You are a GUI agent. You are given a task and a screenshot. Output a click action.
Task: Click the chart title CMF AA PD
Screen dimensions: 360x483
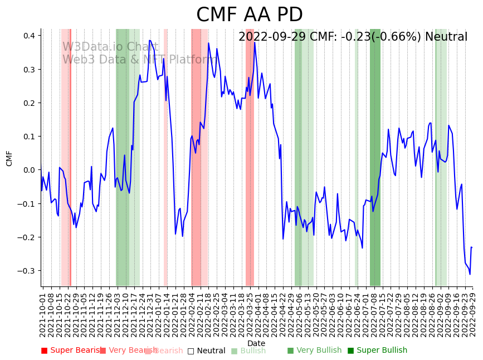(250, 15)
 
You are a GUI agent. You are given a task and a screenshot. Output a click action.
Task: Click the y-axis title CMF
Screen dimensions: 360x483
(9, 158)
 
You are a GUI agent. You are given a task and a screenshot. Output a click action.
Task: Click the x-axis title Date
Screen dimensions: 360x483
(256, 343)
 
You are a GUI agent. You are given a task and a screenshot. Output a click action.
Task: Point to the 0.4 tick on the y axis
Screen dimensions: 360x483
(28, 36)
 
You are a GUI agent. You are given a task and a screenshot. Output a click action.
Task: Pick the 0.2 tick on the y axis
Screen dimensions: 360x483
(28, 103)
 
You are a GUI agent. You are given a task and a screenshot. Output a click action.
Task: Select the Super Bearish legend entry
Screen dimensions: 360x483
(71, 351)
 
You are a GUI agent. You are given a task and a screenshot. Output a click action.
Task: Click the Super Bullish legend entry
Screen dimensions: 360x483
(378, 351)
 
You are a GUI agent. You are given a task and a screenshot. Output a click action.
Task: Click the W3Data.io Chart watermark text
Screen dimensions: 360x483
(110, 47)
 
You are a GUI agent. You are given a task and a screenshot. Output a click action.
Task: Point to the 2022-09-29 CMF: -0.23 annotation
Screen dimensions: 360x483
(353, 37)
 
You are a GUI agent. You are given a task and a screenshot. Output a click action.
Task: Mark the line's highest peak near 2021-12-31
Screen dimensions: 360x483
(149, 40)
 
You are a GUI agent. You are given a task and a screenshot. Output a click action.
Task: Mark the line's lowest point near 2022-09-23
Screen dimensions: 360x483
(470, 274)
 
